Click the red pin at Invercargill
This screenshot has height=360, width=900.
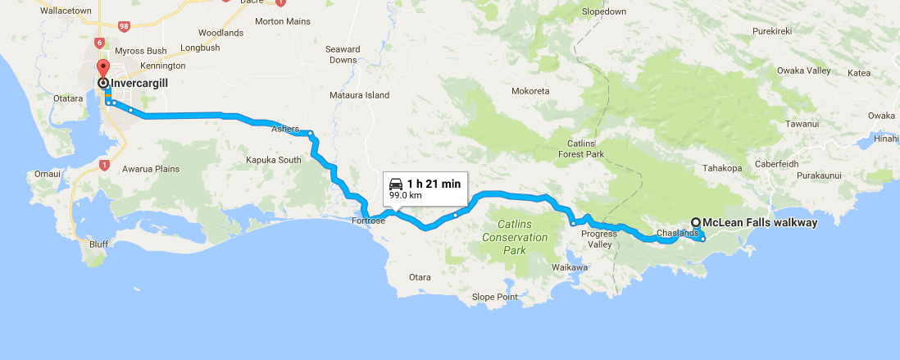click(102, 68)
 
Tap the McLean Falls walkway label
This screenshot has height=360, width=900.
click(759, 221)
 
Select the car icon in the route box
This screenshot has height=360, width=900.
click(397, 184)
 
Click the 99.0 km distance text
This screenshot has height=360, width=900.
click(405, 196)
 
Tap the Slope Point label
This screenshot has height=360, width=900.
click(495, 297)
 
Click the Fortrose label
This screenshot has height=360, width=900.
click(368, 221)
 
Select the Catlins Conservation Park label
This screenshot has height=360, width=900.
click(514, 237)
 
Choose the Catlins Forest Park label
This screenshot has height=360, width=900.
click(580, 148)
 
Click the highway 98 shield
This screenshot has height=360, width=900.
click(125, 27)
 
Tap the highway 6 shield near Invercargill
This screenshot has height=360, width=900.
click(100, 42)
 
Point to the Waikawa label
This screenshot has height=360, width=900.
click(570, 267)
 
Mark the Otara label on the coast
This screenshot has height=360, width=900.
click(419, 277)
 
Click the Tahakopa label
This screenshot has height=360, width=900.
click(721, 169)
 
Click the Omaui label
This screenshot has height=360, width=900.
click(48, 174)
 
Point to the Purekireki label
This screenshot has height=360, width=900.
click(772, 31)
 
